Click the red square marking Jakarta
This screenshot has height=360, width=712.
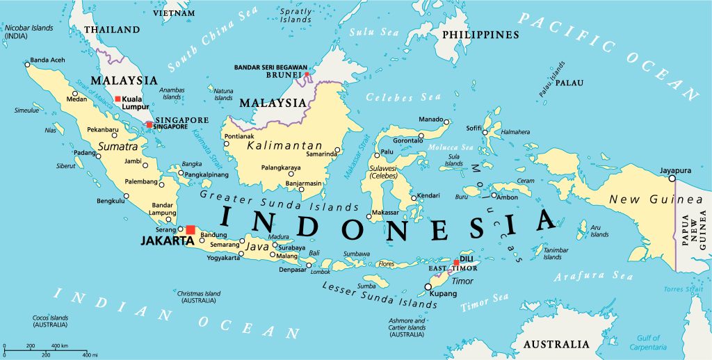[191, 229]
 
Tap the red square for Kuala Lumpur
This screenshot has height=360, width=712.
[118, 99]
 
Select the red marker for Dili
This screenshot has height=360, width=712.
[456, 263]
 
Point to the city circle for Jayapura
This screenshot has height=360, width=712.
[672, 179]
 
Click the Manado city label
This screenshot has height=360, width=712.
[431, 120]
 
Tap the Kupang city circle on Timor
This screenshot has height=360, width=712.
[428, 286]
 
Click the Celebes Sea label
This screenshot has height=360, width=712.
[394, 96]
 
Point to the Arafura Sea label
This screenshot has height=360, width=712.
[593, 277]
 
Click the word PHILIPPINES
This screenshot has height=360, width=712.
[480, 35]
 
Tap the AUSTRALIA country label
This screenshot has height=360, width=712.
[556, 344]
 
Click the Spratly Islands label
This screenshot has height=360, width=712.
[296, 15]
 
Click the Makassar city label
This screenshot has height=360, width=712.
[385, 211]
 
